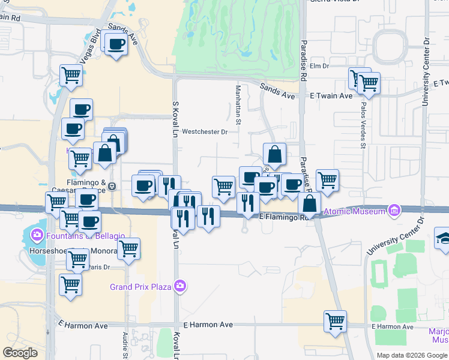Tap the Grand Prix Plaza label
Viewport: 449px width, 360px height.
(x=140, y=287)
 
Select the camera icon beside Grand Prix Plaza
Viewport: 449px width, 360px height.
(x=179, y=287)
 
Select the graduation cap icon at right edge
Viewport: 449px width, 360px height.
(x=443, y=237)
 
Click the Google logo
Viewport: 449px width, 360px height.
(x=20, y=352)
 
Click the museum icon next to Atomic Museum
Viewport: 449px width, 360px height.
(x=394, y=211)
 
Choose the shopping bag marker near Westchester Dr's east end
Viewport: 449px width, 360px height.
(x=274, y=154)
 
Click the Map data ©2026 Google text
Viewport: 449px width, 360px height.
(x=411, y=355)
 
